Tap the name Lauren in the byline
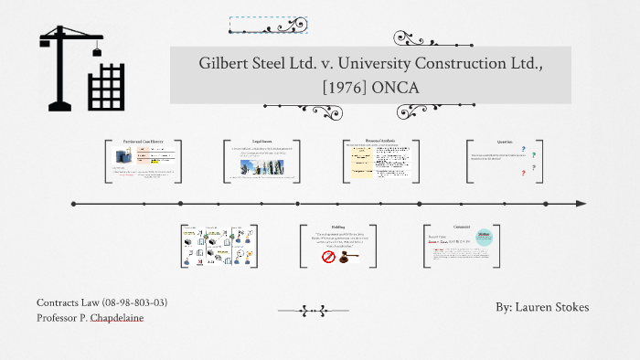point(534,308)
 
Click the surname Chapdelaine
point(118,318)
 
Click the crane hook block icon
point(96,52)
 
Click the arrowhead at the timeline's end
point(581,203)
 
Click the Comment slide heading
point(462,227)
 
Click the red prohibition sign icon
point(328,257)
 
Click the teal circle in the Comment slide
point(485,237)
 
